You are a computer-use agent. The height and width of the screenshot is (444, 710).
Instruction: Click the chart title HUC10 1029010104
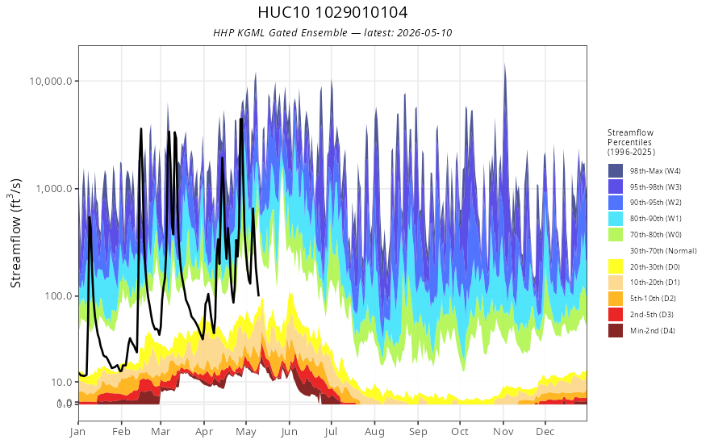tap(332, 12)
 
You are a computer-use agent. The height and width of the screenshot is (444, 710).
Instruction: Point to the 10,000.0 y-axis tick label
tap(51, 81)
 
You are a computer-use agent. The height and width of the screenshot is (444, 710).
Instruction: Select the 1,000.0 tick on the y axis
tap(54, 188)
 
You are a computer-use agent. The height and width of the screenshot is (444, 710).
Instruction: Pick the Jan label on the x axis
tap(78, 431)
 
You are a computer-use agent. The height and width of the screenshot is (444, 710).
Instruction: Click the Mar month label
tap(161, 431)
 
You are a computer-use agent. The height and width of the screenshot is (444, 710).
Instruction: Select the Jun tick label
tap(289, 431)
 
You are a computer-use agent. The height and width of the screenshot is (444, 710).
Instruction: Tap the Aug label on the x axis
tap(374, 431)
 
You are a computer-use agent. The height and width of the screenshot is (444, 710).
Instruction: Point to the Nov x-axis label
tap(503, 431)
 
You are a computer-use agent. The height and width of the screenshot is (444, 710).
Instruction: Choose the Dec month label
tap(545, 431)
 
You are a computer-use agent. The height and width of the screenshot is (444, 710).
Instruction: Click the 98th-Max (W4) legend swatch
tap(616, 171)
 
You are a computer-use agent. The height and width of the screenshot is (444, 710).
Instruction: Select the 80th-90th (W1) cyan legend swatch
tap(616, 219)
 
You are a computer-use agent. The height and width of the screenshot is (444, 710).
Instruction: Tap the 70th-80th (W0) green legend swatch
tap(616, 235)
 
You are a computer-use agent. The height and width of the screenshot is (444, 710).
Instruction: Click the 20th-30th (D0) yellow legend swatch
tap(616, 267)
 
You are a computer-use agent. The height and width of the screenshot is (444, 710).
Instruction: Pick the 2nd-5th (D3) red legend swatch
tap(616, 314)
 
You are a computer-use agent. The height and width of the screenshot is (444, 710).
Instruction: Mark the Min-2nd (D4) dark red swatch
tap(616, 331)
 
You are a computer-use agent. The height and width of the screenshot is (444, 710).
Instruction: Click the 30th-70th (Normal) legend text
tap(663, 251)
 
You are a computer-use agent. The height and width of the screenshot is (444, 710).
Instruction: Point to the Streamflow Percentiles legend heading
tap(631, 142)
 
